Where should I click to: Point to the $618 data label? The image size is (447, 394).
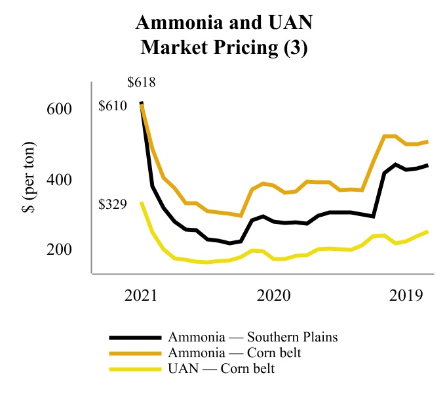coord(142,83)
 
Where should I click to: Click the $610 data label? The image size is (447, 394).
coord(113,106)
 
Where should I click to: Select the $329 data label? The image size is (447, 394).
coord(113,204)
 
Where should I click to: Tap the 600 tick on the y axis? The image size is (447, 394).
coord(60,109)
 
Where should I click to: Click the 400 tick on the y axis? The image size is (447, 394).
coord(60,179)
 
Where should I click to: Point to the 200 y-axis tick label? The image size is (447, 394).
coord(60,250)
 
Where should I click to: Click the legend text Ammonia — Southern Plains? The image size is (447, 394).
coord(253,338)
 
